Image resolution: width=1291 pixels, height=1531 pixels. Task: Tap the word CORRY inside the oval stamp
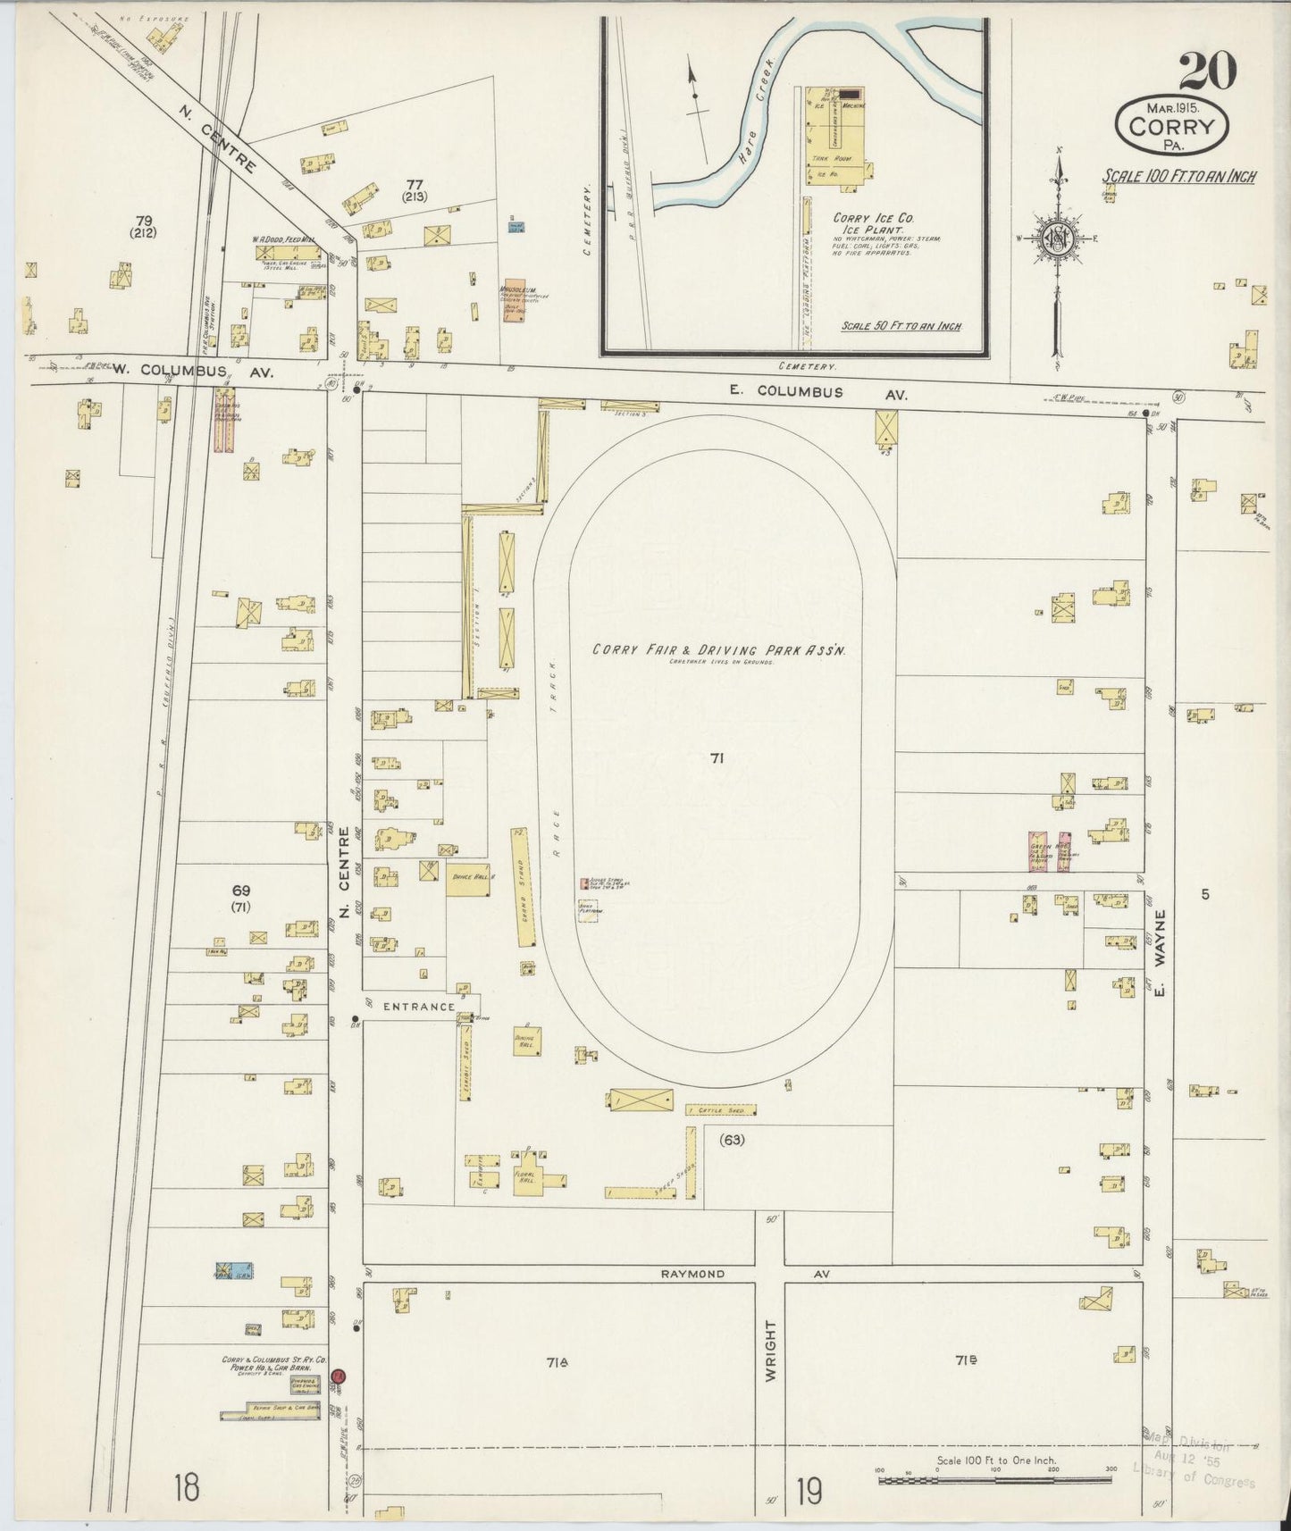1172,126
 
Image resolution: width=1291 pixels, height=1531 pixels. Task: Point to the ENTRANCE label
418,1007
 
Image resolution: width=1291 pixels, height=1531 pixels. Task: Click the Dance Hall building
467,878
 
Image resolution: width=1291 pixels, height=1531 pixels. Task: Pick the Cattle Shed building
720,1110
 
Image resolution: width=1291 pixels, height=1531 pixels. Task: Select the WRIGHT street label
770,1351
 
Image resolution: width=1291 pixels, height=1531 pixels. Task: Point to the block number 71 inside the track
716,758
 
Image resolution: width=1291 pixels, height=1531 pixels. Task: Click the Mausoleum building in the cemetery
513,302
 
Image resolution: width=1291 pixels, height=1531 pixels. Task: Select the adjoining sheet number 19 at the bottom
809,1491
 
